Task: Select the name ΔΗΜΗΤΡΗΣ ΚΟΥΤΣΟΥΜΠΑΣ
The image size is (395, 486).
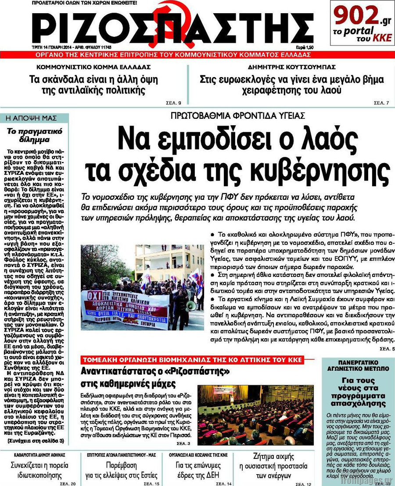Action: [292, 67]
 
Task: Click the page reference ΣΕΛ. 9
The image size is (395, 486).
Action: [174, 103]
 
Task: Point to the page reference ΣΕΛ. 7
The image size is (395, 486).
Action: [381, 103]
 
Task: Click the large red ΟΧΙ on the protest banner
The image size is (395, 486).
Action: [93, 296]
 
